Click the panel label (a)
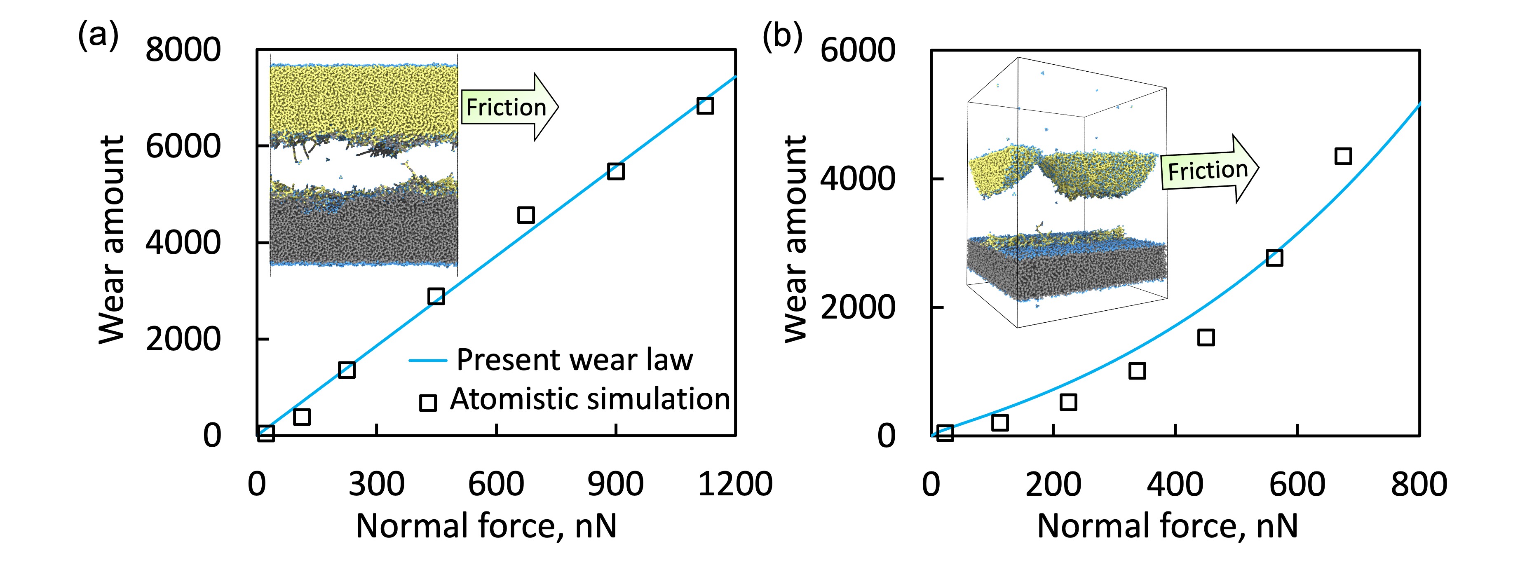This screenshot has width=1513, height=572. [x=98, y=36]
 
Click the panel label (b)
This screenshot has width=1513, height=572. [x=782, y=36]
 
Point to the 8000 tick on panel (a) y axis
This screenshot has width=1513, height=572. [x=183, y=49]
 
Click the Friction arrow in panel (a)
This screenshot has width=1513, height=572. [x=509, y=107]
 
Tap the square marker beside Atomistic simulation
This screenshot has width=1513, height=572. [x=427, y=403]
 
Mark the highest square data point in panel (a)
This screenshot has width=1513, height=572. [x=705, y=106]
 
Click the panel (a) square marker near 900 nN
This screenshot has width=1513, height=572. [x=615, y=171]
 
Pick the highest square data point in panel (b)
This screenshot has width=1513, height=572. [x=1343, y=156]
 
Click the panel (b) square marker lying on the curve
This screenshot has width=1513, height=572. [x=1274, y=258]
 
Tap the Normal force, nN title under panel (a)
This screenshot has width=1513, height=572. [x=486, y=525]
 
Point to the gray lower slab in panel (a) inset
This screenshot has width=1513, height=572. [x=364, y=232]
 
